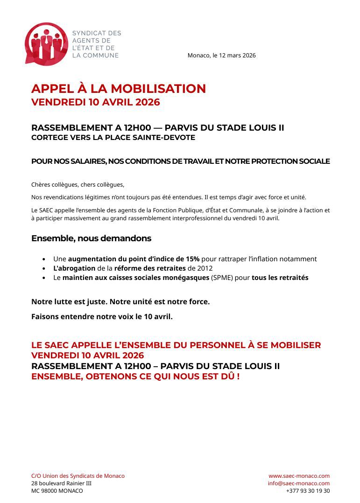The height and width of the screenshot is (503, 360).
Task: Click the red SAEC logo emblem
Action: (46, 44)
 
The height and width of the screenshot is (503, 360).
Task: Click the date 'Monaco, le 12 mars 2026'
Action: (221, 56)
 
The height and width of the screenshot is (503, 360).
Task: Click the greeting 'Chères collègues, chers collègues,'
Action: (78, 185)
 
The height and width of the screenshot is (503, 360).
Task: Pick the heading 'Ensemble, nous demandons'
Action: (91, 238)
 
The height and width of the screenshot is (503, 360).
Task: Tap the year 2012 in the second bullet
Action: (206, 268)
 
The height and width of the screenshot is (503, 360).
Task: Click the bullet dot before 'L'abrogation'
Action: (44, 269)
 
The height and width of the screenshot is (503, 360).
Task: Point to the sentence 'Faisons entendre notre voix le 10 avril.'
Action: (102, 317)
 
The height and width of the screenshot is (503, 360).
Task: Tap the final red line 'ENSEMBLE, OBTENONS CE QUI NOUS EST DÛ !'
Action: (135, 376)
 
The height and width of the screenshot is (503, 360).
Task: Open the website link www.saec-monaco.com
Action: (299, 476)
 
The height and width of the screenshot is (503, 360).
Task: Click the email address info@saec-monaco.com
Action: (298, 483)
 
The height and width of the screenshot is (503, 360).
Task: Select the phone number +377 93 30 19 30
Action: (308, 491)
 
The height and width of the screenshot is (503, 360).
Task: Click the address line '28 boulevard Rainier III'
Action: (61, 483)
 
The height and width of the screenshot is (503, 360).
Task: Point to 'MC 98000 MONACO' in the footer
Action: (57, 491)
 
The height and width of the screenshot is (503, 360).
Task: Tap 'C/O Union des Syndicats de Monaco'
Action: (78, 476)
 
